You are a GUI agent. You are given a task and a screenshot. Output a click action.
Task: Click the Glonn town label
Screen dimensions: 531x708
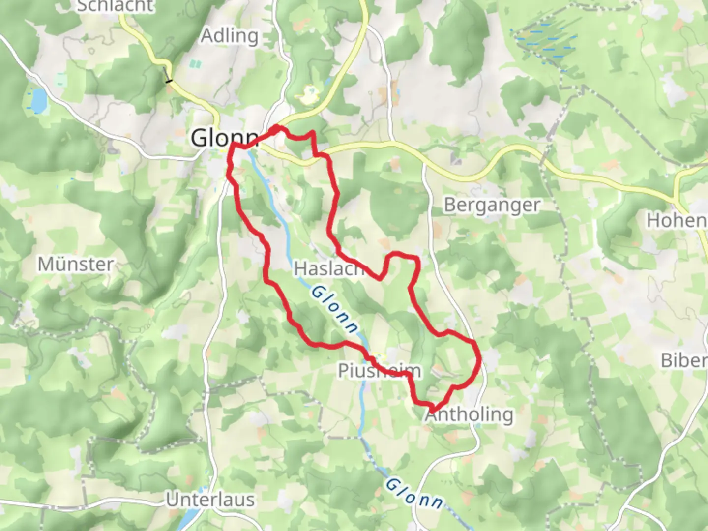pyautogui.click(x=224, y=138)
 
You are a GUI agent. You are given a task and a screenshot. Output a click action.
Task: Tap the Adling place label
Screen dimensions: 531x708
pyautogui.click(x=229, y=36)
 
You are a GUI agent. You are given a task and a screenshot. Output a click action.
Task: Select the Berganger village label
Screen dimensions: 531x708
pyautogui.click(x=491, y=205)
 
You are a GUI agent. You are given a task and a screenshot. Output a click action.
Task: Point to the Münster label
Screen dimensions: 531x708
pyautogui.click(x=76, y=265)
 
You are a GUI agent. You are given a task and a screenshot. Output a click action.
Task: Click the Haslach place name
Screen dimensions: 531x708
pyautogui.click(x=328, y=269)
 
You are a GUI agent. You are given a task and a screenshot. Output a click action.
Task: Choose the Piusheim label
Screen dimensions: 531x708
pyautogui.click(x=379, y=371)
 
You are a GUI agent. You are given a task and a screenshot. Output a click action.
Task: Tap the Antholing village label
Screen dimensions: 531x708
pyautogui.click(x=470, y=414)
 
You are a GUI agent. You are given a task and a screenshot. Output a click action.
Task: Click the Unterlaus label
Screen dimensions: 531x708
pyautogui.click(x=210, y=500)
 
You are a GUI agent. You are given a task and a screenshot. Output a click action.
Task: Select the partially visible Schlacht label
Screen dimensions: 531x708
pyautogui.click(x=116, y=6)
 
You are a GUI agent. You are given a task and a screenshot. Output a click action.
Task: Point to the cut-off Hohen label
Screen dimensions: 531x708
pyautogui.click(x=677, y=221)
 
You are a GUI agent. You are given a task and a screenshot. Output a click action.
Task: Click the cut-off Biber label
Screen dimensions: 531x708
pyautogui.click(x=684, y=360)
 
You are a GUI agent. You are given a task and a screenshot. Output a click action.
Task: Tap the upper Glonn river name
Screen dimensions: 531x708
pyautogui.click(x=335, y=310)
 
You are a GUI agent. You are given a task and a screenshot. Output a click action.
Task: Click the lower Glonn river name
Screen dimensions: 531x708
pyautogui.click(x=414, y=493)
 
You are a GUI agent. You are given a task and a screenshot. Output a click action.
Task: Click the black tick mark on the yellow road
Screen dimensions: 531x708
pyautogui.click(x=169, y=80)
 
